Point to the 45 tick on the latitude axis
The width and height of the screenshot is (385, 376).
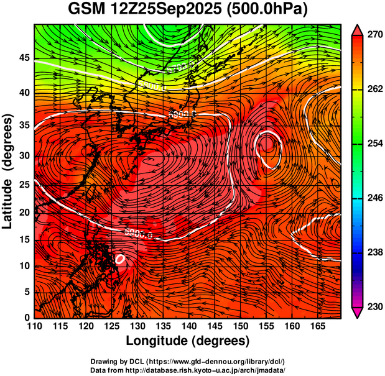(x=24, y=58)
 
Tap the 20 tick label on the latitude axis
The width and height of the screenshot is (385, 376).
(x=24, y=213)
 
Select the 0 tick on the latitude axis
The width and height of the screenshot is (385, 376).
(x=27, y=317)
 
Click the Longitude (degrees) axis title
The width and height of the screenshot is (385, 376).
(x=188, y=341)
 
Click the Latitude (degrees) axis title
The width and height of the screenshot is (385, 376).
(x=8, y=171)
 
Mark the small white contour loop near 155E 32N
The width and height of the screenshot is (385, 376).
(x=267, y=150)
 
